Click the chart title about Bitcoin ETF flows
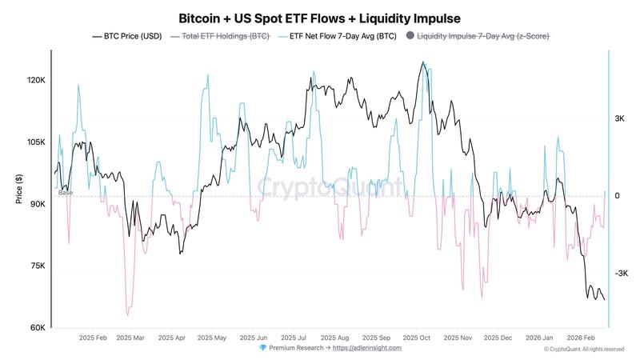click(319, 17)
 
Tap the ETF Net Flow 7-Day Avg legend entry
click(340, 36)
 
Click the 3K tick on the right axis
click(619, 118)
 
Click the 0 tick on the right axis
click(617, 196)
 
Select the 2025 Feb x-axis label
click(93, 338)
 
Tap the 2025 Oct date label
click(417, 338)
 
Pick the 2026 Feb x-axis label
click(582, 338)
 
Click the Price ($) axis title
click(18, 190)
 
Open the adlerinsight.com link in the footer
click(367, 348)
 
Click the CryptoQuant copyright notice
click(583, 349)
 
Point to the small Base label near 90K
click(65, 193)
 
